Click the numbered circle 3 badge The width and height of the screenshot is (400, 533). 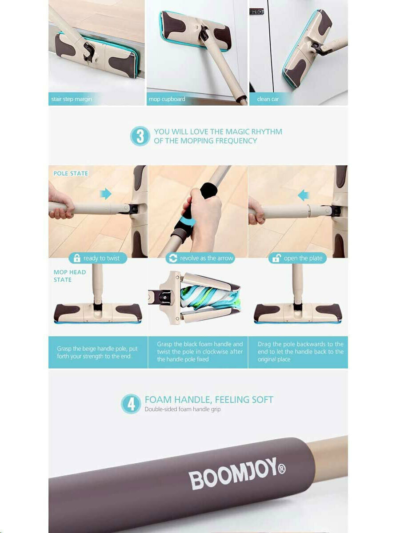[140, 136]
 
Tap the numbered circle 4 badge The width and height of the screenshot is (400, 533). [131, 404]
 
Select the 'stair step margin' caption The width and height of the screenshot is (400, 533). [72, 99]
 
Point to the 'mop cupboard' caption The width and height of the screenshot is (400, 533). [167, 99]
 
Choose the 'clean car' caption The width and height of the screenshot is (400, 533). [268, 99]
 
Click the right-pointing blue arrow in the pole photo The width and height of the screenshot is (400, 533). [106, 194]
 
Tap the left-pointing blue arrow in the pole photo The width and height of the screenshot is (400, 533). [304, 195]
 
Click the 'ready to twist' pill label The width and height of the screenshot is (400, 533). [98, 258]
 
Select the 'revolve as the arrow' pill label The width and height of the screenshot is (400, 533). [200, 258]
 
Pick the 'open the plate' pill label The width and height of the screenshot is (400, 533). [297, 258]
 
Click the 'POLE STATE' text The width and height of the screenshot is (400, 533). [71, 173]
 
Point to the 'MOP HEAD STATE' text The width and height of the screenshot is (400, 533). [70, 276]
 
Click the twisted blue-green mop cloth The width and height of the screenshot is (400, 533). [210, 298]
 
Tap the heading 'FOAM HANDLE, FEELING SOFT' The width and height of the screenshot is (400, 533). [209, 399]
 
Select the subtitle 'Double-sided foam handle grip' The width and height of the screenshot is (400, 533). [183, 410]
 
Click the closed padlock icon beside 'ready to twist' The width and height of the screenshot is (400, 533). [77, 258]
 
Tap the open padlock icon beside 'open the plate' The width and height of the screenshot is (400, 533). [276, 258]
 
